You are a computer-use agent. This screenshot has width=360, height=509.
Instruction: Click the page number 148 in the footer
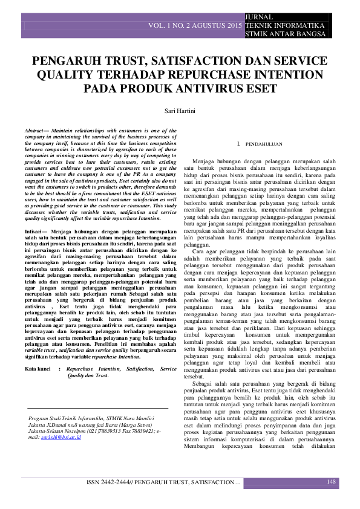(x=331, y=482)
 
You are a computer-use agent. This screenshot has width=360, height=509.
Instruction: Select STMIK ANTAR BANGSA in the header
(x=281, y=35)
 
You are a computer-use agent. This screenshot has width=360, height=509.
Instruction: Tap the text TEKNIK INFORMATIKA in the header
(x=283, y=27)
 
